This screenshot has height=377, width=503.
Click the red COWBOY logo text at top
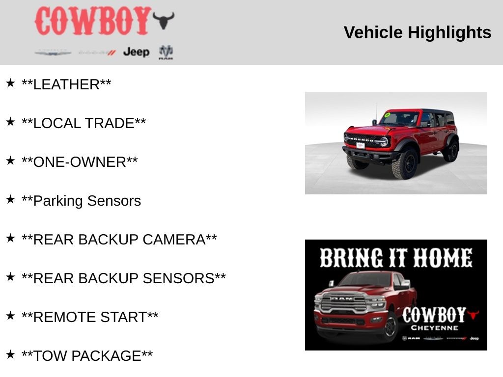click(x=92, y=21)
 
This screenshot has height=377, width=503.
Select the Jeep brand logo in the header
click(x=136, y=52)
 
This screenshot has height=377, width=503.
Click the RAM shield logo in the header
click(x=166, y=52)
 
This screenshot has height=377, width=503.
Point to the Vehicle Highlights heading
click(x=417, y=32)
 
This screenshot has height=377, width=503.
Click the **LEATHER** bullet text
click(x=66, y=84)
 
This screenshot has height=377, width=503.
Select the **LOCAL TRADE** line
click(x=84, y=123)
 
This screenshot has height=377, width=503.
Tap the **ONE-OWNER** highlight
click(x=80, y=162)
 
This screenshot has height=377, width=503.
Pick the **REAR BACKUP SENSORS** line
click(x=124, y=278)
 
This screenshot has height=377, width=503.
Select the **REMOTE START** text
click(x=90, y=317)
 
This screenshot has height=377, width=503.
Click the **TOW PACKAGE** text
click(x=87, y=356)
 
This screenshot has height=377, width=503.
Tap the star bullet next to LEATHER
click(x=10, y=83)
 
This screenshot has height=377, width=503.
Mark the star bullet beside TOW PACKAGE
click(x=10, y=354)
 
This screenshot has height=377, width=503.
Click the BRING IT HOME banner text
click(x=396, y=258)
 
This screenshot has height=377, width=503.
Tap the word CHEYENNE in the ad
click(x=434, y=328)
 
